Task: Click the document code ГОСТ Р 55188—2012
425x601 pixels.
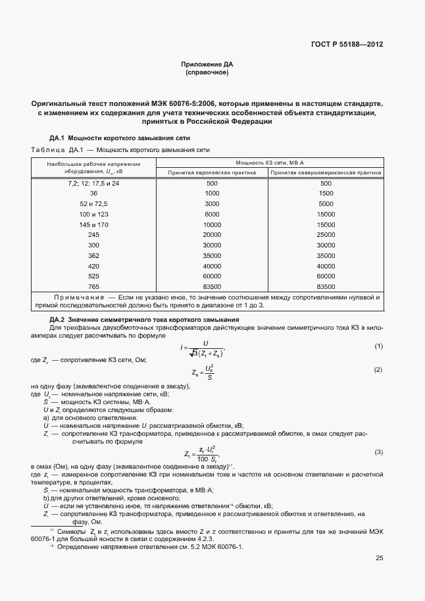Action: (x=347, y=45)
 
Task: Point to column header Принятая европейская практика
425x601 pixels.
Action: (x=211, y=172)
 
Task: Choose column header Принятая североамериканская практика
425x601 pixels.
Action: (x=326, y=172)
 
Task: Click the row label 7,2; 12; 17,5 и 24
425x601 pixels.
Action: (x=93, y=183)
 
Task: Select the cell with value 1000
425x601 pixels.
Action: (x=212, y=194)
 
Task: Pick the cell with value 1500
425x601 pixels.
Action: (x=326, y=194)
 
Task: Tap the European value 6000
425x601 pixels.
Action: (x=212, y=215)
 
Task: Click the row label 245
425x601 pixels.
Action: (x=93, y=235)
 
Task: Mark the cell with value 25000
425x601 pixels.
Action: (x=326, y=235)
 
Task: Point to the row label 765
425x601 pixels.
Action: (x=93, y=287)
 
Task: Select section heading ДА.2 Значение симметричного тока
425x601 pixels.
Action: (x=136, y=319)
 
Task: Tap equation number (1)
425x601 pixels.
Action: (x=378, y=346)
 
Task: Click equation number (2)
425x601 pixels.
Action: (x=378, y=370)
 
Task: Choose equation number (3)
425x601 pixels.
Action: (x=378, y=452)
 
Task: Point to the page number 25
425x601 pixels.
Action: (x=379, y=559)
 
